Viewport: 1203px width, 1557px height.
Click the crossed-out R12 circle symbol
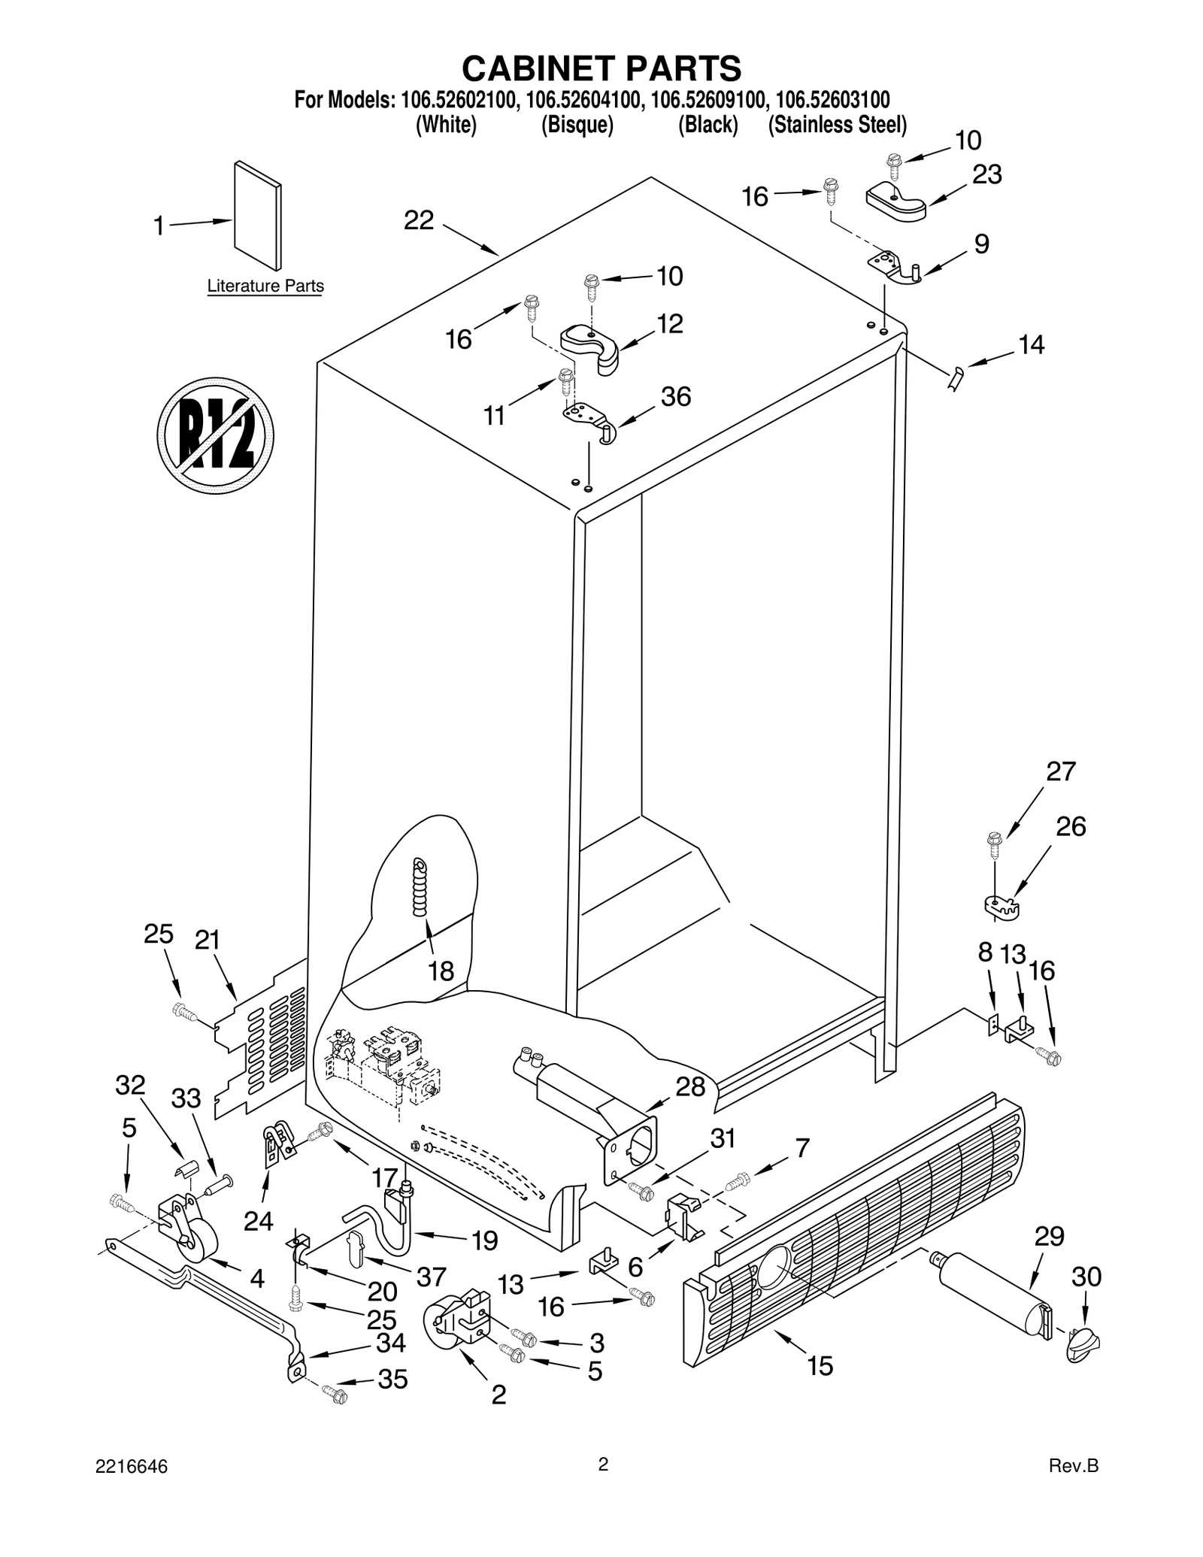pos(215,435)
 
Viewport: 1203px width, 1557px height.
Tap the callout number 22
pos(419,220)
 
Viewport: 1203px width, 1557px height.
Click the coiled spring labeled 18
pos(420,888)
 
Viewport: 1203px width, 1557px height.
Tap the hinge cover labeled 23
pos(895,201)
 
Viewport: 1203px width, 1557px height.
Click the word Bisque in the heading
pos(577,125)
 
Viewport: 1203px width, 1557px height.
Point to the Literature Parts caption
pos(265,286)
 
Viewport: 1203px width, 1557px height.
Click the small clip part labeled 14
pos(956,378)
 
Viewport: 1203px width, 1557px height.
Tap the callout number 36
pos(675,396)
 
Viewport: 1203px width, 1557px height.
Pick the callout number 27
pos(1061,771)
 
